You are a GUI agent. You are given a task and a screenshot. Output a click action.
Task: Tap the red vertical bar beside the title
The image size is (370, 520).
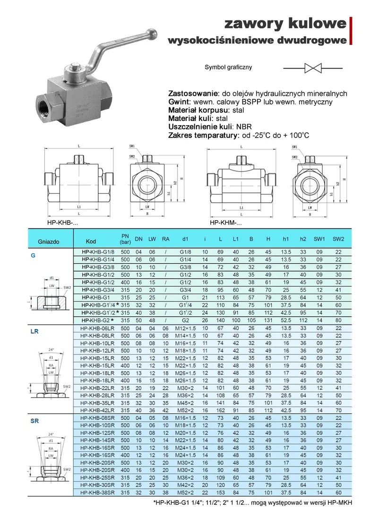click(351, 30)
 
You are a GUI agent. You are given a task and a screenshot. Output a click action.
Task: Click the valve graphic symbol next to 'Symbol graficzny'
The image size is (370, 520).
click(312, 68)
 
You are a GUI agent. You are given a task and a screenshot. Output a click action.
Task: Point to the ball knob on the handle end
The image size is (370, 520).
click(153, 35)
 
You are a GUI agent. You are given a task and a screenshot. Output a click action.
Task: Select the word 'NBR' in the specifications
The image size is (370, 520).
click(245, 127)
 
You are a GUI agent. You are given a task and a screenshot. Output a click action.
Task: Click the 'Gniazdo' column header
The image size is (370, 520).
click(49, 242)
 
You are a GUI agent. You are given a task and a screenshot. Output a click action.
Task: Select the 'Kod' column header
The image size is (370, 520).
click(91, 242)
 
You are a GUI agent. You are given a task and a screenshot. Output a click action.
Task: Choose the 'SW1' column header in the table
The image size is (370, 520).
click(319, 239)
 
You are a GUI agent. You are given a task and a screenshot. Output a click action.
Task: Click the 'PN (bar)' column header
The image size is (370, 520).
click(125, 239)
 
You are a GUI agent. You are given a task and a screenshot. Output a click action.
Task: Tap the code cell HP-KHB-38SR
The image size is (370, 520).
click(97, 493)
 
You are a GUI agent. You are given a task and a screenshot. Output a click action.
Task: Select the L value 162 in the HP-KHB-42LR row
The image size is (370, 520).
click(221, 410)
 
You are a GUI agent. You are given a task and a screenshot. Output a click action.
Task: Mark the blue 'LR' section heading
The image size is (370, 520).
click(34, 332)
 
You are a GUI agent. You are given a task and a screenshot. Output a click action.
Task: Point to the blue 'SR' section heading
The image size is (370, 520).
click(34, 421)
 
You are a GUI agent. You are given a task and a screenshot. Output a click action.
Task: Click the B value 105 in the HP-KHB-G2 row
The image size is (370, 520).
click(251, 320)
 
